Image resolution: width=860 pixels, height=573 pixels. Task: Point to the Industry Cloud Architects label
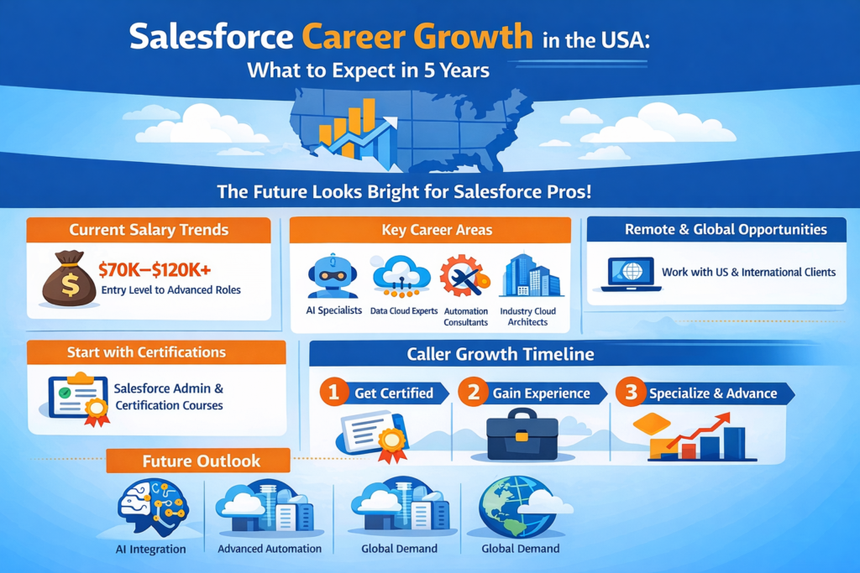[528, 316]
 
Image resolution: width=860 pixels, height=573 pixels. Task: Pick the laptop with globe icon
[631, 273]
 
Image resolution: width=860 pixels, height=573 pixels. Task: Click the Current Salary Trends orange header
[149, 230]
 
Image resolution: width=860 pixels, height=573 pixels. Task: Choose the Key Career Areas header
[430, 230]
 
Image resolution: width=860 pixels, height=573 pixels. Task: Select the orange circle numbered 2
[473, 393]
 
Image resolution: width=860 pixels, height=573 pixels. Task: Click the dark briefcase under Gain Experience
[522, 434]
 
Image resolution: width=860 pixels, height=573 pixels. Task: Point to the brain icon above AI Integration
[151, 507]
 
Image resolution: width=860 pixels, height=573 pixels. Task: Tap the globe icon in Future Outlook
[508, 507]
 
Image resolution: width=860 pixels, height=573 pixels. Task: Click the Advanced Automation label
[270, 549]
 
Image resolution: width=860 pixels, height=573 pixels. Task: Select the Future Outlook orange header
[201, 461]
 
